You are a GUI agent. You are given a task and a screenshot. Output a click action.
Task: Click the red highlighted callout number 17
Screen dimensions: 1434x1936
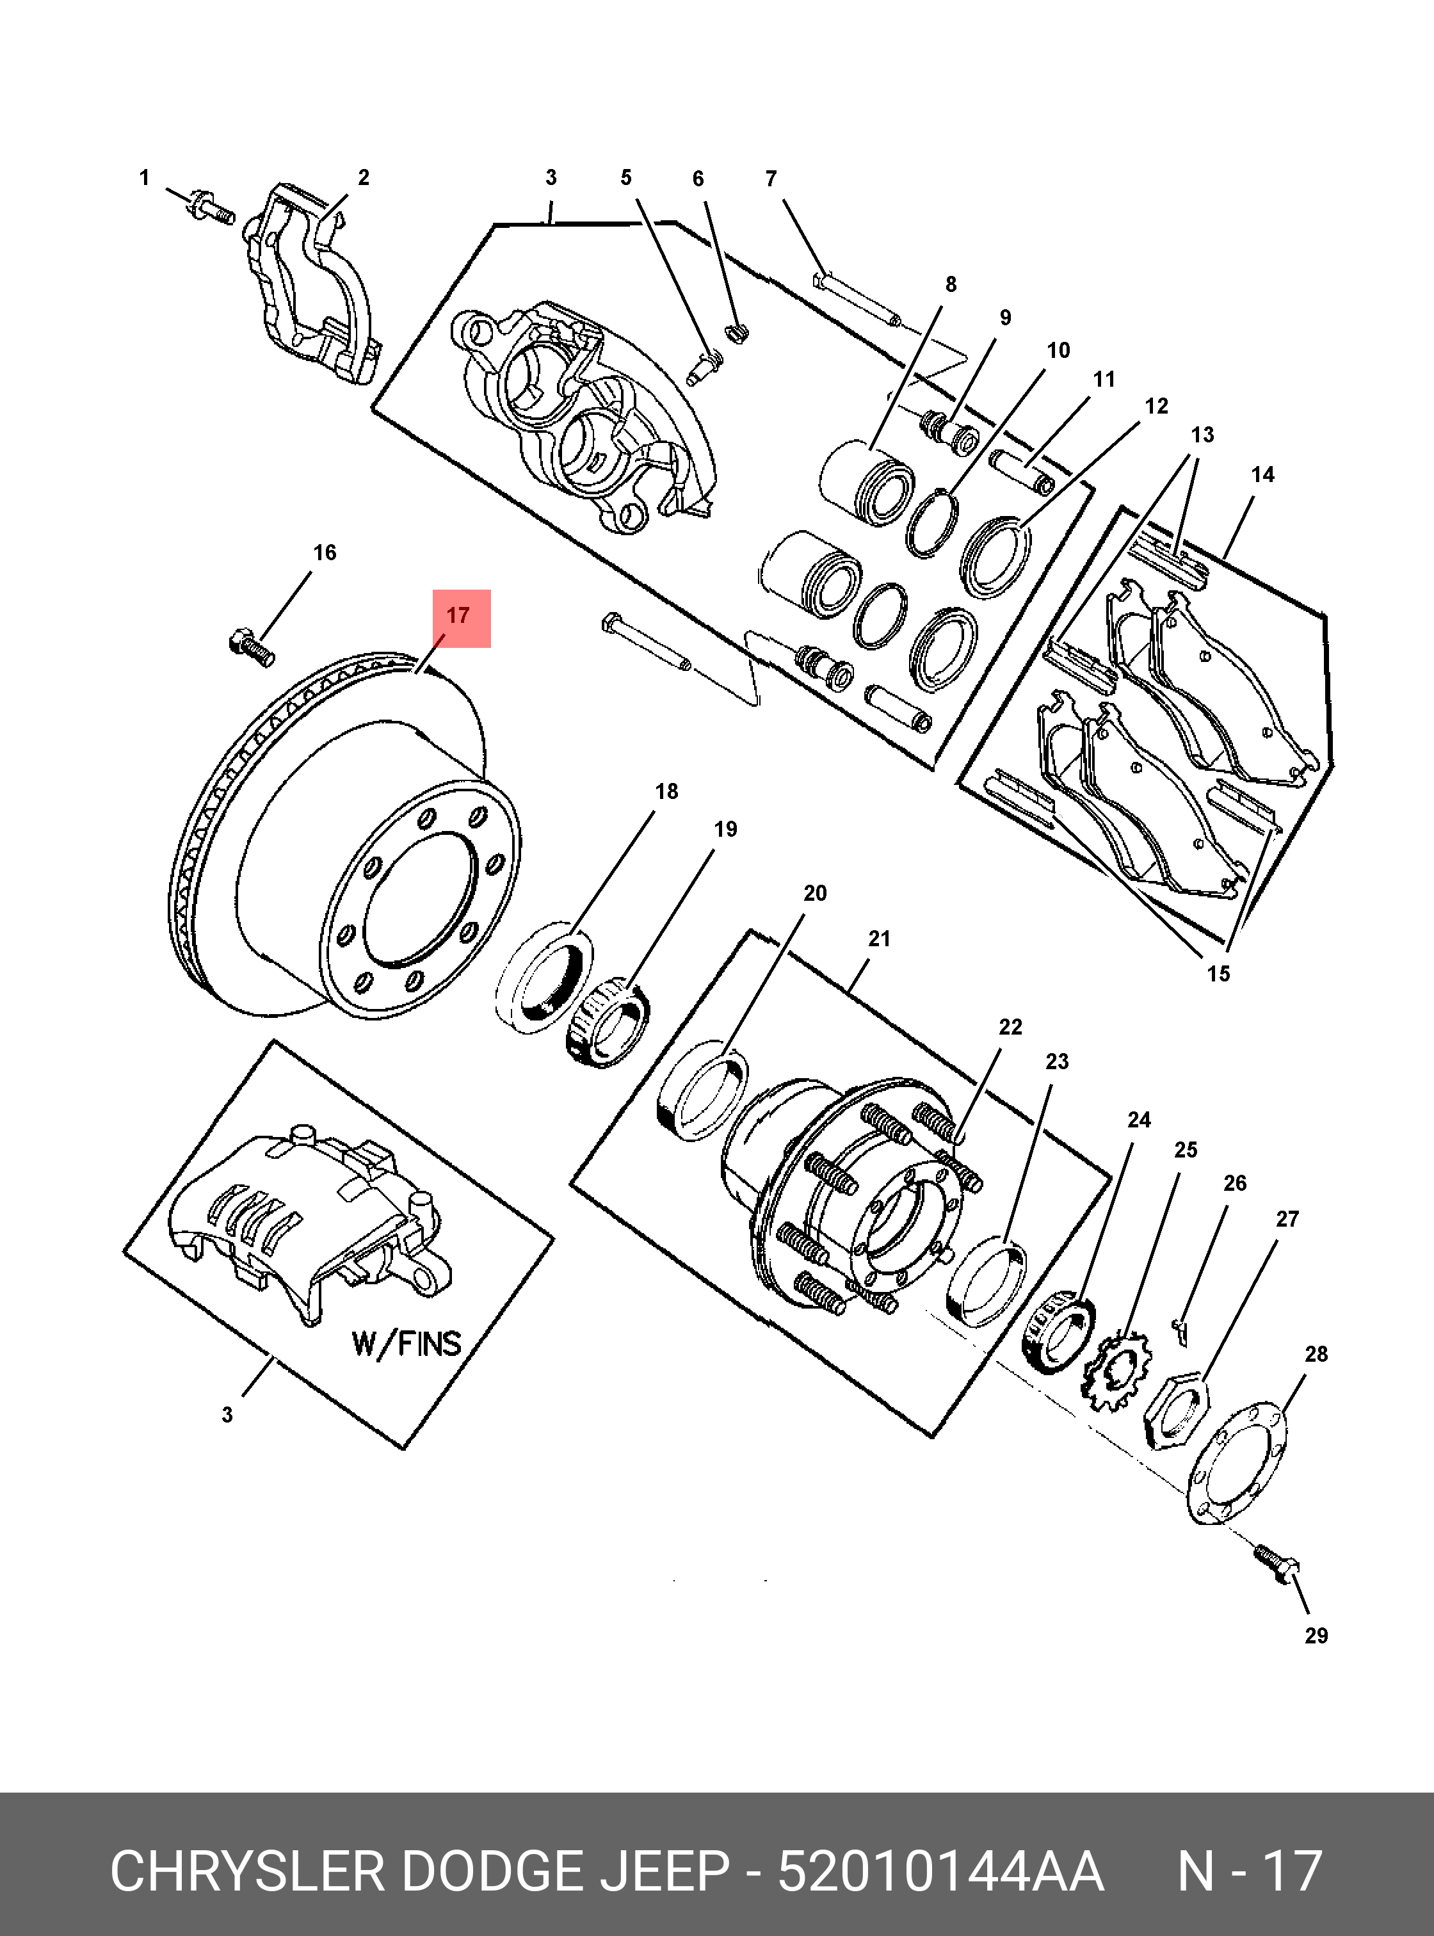point(458,617)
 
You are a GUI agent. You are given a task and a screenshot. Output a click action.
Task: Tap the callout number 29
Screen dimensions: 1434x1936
point(1316,1636)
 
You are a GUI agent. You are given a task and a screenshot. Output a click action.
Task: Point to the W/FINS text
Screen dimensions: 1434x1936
point(407,1343)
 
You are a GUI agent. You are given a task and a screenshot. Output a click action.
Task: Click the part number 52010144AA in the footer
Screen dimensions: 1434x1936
point(941,1872)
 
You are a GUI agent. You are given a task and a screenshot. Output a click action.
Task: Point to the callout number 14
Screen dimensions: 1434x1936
point(1263,475)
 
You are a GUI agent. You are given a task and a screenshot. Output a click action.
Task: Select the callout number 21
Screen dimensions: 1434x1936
point(880,939)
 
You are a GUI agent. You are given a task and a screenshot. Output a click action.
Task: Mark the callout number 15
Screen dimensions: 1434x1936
point(1219,974)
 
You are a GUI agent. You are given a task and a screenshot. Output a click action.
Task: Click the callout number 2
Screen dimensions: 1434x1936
point(364,178)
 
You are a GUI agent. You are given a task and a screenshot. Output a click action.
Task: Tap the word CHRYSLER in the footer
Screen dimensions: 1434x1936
point(246,1872)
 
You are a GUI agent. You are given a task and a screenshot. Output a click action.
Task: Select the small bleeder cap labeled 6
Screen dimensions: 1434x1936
point(736,332)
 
